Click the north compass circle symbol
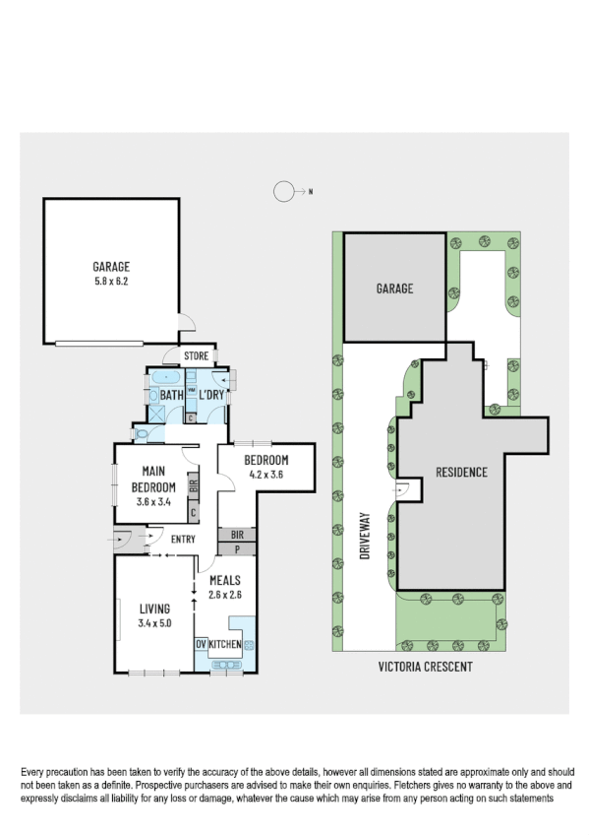pyautogui.click(x=283, y=192)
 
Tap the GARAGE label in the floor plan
pyautogui.click(x=111, y=266)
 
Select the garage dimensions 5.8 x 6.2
pyautogui.click(x=111, y=280)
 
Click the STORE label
pyautogui.click(x=196, y=356)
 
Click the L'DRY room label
pyautogui.click(x=212, y=396)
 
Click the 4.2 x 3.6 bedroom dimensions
pyautogui.click(x=265, y=475)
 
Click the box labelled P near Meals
pyautogui.click(x=236, y=548)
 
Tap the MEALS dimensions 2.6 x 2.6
pyautogui.click(x=224, y=594)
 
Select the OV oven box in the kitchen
pyautogui.click(x=201, y=644)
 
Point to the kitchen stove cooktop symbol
pyautogui.click(x=248, y=645)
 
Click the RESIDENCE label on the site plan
pyautogui.click(x=461, y=472)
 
